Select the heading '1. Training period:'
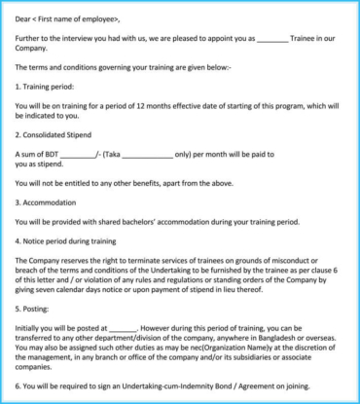coord(50,87)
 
